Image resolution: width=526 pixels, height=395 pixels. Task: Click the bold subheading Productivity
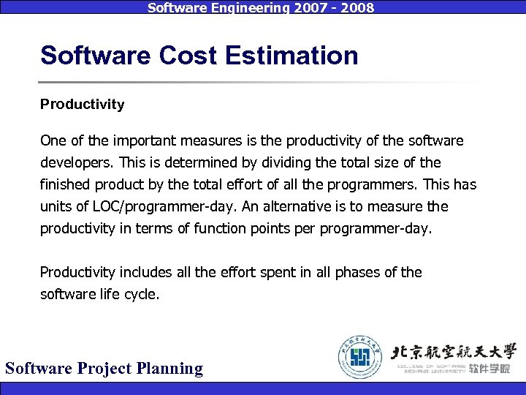tap(82, 105)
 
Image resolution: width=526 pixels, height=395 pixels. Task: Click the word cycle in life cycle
tap(142, 294)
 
